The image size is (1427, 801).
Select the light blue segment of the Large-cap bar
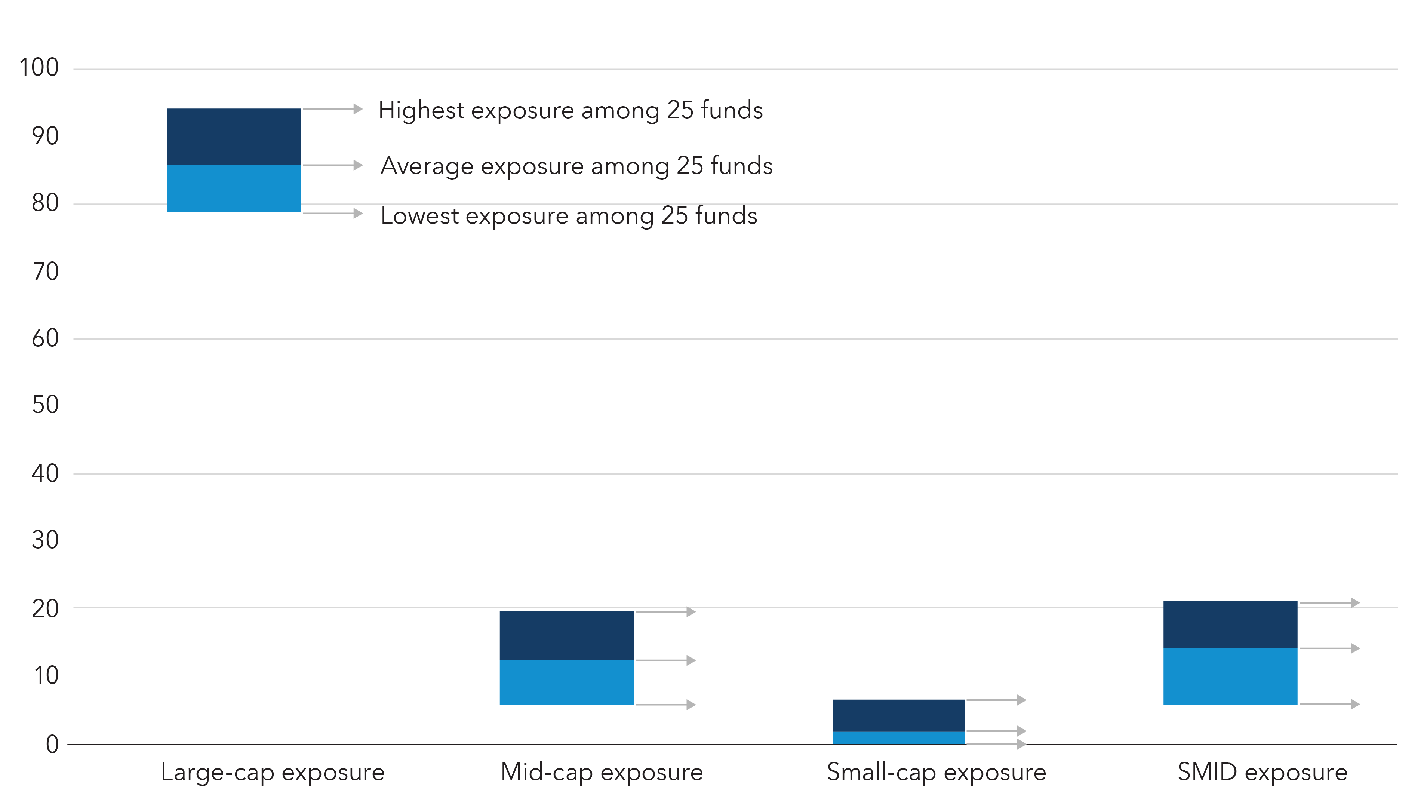233,188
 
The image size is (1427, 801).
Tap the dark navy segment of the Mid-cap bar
566,635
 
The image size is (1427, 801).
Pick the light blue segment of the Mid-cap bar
566,682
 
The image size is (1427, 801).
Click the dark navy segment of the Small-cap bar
898,715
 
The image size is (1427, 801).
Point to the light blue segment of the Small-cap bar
898,738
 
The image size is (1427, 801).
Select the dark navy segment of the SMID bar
1230,624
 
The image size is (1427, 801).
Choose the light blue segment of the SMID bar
1230,676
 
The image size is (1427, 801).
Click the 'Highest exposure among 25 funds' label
571,110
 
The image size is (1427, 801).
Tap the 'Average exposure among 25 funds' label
576,166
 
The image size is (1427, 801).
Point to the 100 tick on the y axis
39,68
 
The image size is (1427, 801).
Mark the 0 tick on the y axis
52,744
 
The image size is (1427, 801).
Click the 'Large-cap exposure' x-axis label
273,772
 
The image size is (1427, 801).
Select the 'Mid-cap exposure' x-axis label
602,772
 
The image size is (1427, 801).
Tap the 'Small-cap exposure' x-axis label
936,772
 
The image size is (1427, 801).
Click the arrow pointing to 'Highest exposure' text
332,109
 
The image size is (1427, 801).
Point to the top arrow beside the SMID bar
1329,603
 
